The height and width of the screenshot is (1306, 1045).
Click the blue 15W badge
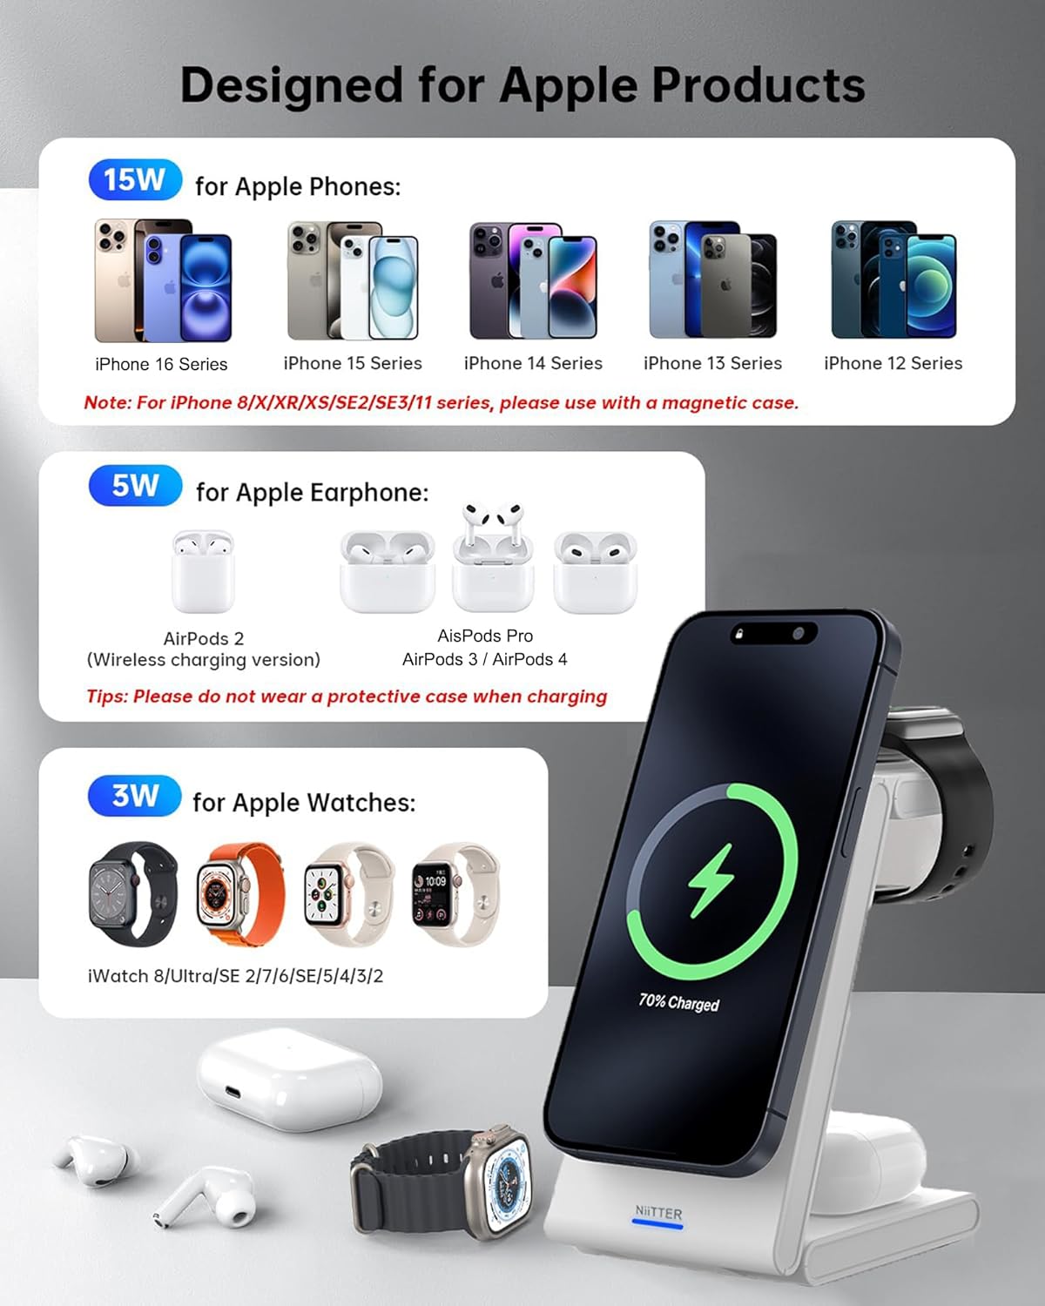135,180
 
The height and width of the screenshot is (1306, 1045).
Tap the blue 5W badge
135,486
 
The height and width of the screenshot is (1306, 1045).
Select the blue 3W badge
135,796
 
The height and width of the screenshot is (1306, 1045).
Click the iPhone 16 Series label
161,364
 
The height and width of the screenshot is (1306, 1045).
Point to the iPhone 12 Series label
893,363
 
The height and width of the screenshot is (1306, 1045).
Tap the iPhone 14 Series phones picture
533,280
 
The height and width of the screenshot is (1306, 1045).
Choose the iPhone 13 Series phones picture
712,280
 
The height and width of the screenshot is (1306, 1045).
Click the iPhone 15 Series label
353,363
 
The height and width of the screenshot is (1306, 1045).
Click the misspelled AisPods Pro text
485,636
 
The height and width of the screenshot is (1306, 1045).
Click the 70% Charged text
679,1002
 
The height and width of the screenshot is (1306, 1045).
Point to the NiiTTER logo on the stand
658,1211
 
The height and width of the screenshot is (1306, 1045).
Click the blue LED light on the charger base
657,1224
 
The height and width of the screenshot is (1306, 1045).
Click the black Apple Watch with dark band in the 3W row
132,893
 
